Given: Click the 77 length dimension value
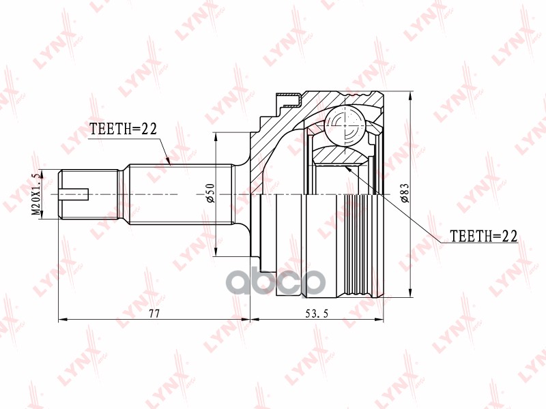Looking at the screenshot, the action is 154,314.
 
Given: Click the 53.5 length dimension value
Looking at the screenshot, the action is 317,314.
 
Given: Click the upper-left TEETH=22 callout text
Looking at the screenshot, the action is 124,129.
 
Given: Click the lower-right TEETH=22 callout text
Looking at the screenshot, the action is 484,236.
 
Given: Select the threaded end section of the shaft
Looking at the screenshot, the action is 89,194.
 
